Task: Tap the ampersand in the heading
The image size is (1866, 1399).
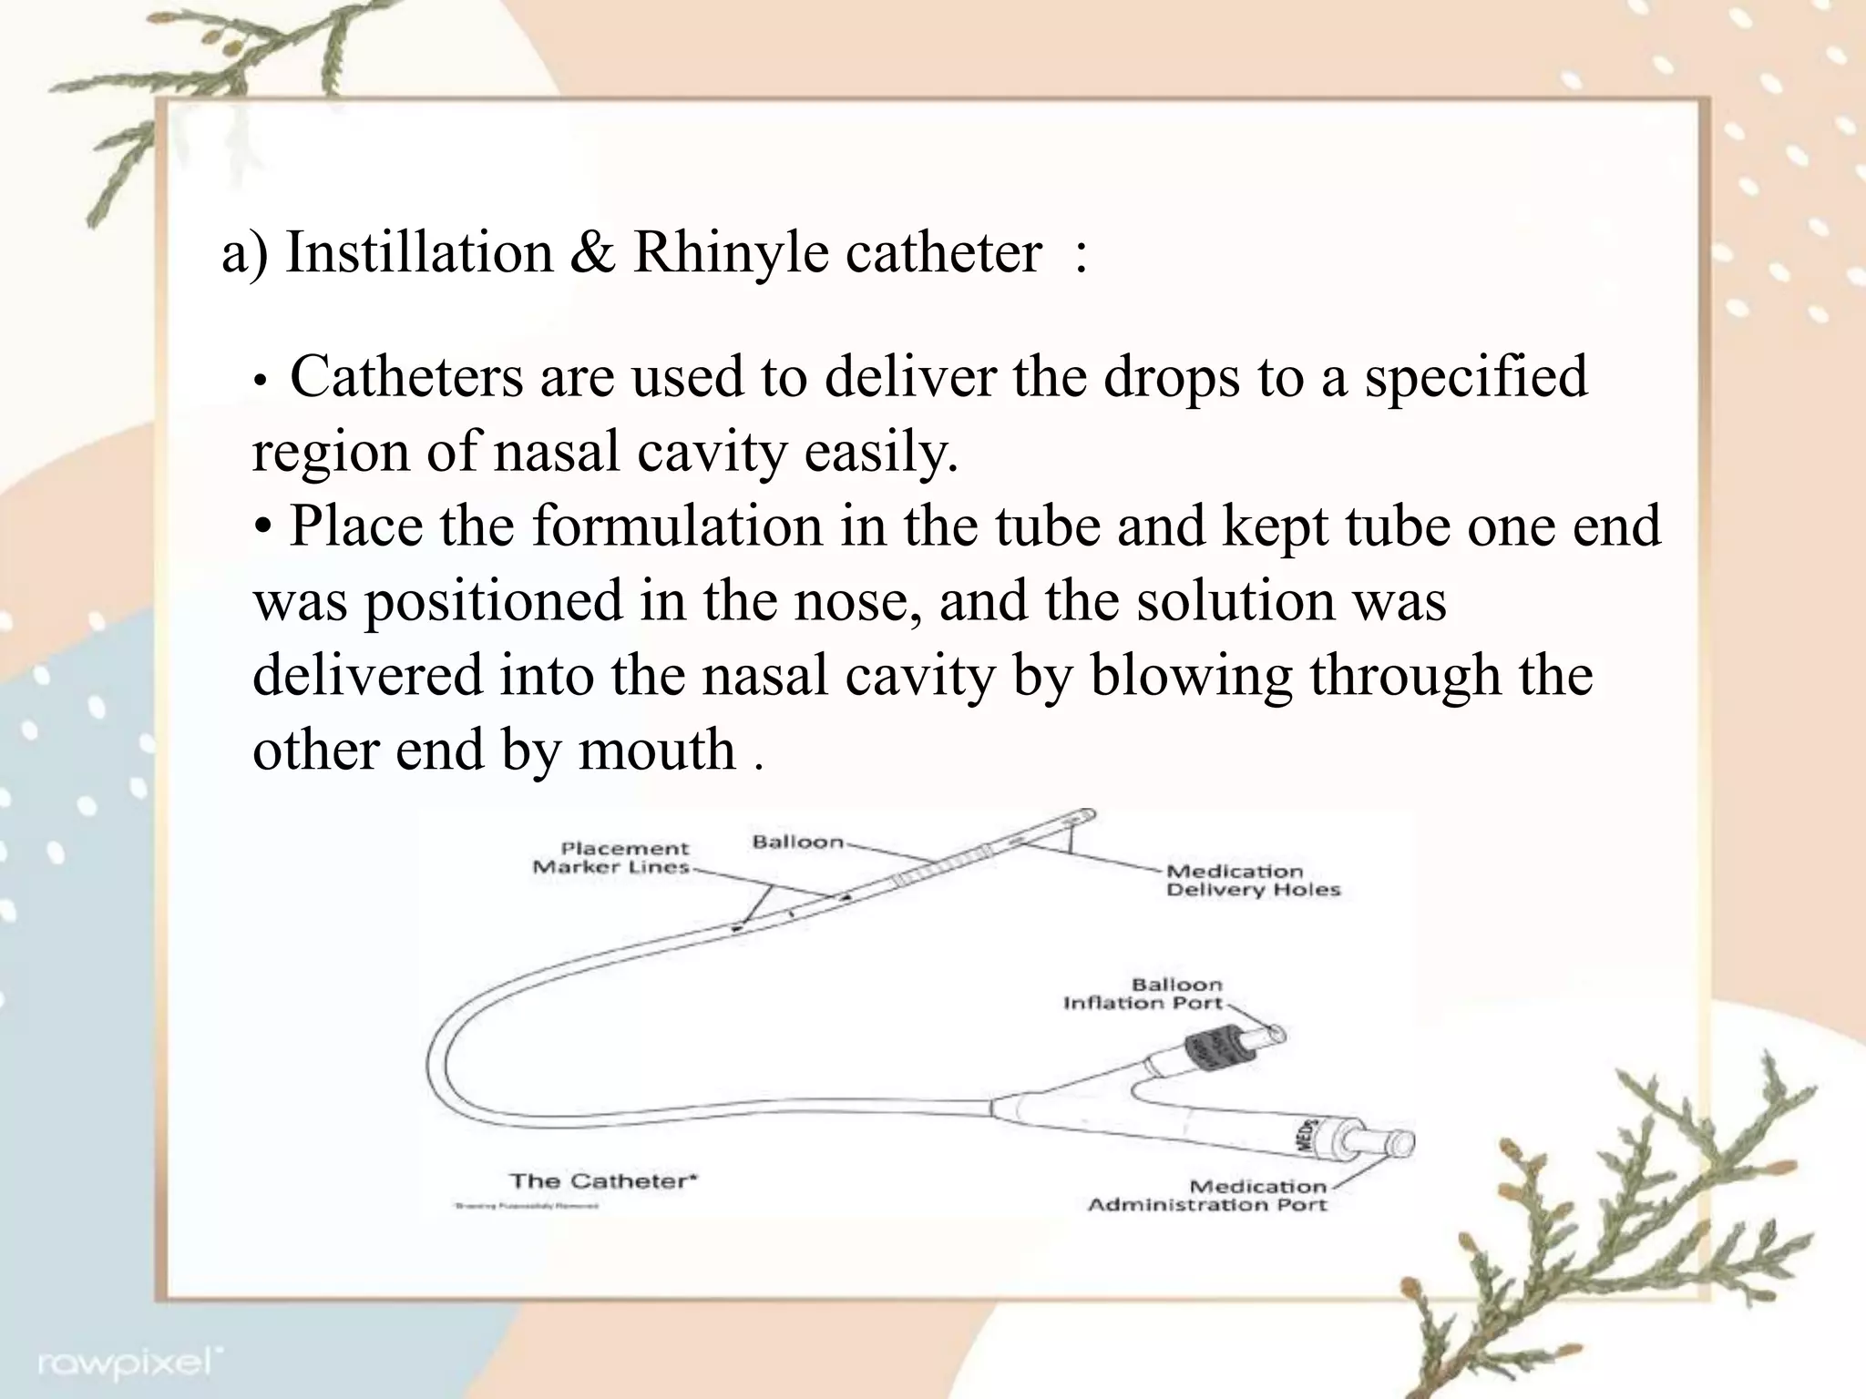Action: click(591, 253)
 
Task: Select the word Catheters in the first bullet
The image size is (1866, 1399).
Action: click(406, 377)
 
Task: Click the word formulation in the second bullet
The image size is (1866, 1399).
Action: click(677, 526)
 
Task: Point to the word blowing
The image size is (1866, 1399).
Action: click(1191, 676)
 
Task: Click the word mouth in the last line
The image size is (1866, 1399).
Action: click(656, 751)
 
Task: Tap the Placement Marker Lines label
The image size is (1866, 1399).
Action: click(612, 858)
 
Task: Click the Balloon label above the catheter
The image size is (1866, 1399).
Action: click(797, 842)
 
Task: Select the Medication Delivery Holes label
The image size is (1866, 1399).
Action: click(1253, 881)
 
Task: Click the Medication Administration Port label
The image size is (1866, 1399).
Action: click(1208, 1196)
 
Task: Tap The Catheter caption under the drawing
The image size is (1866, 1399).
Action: click(603, 1181)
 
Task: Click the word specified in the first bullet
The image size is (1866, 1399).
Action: click(1476, 377)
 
